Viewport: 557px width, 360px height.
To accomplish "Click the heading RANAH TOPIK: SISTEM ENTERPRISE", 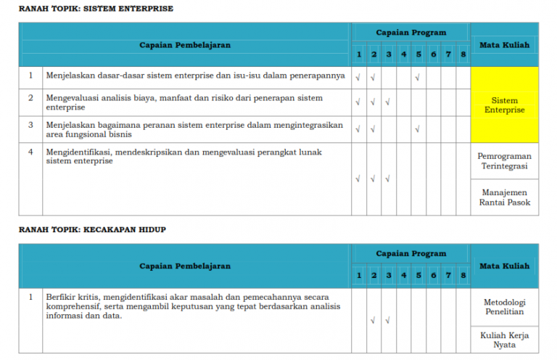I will (96, 9).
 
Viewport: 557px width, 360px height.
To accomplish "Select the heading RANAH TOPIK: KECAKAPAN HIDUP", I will (93, 229).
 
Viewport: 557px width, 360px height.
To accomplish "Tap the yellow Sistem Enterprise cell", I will (504, 105).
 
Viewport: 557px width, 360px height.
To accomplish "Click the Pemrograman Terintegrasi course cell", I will (504, 161).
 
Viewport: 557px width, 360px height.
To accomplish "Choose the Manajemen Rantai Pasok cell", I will (504, 197).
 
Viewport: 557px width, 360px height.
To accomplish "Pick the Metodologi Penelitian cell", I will (504, 307).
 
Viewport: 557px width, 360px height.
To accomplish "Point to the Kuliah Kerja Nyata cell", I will (504, 340).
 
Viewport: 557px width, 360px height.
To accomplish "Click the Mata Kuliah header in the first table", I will (504, 45).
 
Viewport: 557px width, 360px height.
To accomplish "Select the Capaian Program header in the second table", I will (410, 253).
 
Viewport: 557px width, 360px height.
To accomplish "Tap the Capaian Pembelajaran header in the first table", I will (185, 45).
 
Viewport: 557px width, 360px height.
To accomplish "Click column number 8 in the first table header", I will (463, 55).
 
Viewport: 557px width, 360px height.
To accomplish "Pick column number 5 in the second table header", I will (418, 276).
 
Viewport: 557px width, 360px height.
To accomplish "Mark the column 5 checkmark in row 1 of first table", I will (418, 76).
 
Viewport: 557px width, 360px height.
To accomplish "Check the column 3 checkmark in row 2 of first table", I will (388, 102).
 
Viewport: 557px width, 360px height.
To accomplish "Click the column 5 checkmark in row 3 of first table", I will (418, 130).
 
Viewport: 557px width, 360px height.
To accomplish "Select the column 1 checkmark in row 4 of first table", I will (358, 179).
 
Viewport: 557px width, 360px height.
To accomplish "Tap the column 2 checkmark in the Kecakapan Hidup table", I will (374, 319).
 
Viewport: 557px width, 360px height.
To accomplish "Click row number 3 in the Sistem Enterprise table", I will (31, 125).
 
